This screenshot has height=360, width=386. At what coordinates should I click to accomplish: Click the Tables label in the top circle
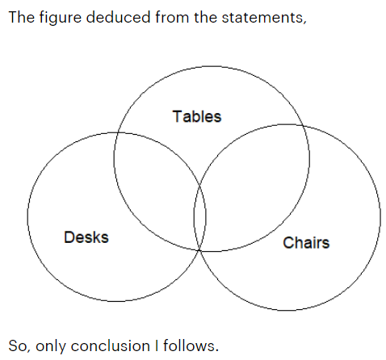click(x=197, y=116)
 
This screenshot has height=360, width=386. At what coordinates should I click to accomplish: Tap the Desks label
click(x=86, y=237)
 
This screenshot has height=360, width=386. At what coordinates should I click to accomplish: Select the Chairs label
click(x=306, y=242)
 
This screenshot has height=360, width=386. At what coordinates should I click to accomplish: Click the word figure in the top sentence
click(x=61, y=17)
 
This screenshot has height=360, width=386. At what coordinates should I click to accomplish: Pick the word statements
click(x=262, y=18)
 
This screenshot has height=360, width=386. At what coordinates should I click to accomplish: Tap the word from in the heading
click(x=172, y=17)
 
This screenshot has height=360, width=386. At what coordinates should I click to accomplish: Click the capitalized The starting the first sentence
click(x=22, y=17)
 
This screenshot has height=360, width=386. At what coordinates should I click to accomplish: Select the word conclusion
click(x=110, y=345)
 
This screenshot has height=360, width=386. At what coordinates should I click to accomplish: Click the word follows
click(x=189, y=345)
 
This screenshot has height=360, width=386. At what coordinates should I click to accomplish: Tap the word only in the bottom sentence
click(x=51, y=346)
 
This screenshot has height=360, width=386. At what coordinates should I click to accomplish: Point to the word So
click(x=18, y=346)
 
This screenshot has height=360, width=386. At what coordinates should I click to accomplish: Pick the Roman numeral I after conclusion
click(x=157, y=345)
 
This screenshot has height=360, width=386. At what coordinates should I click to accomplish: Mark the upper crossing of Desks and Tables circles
click(x=118, y=132)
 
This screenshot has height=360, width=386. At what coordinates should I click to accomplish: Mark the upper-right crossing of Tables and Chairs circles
click(x=303, y=125)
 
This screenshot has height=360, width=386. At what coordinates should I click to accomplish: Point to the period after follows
click(x=216, y=351)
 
